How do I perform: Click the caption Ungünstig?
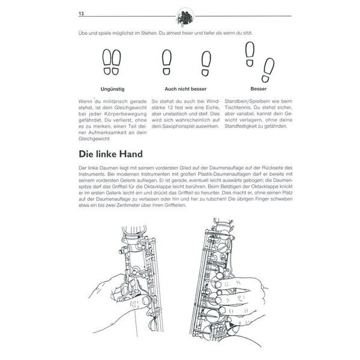112,88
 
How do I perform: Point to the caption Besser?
259,88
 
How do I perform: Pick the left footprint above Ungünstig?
106,62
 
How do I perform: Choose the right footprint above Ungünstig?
116,62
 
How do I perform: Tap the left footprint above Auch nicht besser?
166,61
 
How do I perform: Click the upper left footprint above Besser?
250,53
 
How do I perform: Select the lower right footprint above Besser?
267,70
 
